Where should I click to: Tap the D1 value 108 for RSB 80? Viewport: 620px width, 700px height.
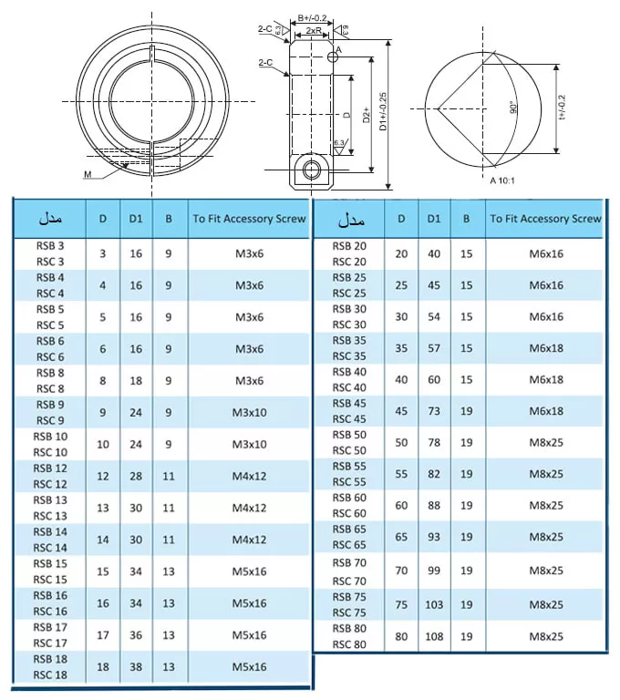pyautogui.click(x=434, y=636)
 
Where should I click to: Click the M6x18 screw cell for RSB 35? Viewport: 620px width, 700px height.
pyautogui.click(x=545, y=347)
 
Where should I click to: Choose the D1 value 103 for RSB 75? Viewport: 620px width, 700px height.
pyautogui.click(x=434, y=604)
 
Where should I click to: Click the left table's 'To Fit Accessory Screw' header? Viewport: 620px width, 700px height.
pyautogui.click(x=249, y=219)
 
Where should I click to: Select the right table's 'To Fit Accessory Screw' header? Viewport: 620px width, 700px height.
pyautogui.click(x=545, y=219)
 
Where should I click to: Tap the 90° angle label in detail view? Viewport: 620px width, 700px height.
pyautogui.click(x=513, y=108)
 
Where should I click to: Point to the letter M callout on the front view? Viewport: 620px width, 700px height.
pyautogui.click(x=88, y=173)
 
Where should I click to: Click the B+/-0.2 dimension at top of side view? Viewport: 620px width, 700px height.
pyautogui.click(x=313, y=17)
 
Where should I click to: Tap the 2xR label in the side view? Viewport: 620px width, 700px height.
pyautogui.click(x=313, y=30)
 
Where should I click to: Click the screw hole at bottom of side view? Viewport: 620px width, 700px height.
pyautogui.click(x=313, y=170)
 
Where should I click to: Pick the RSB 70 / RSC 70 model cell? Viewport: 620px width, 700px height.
pyautogui.click(x=348, y=571)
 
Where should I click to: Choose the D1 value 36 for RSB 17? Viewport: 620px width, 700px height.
pyautogui.click(x=136, y=634)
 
